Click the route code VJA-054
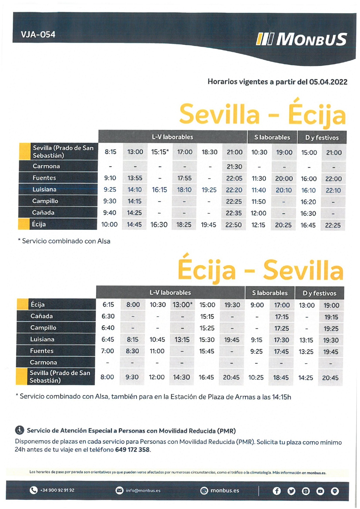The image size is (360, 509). pyautogui.click(x=38, y=35)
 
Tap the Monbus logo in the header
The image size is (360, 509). pyautogui.click(x=301, y=39)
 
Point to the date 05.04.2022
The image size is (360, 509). pyautogui.click(x=328, y=82)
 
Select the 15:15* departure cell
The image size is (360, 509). pyautogui.click(x=160, y=152)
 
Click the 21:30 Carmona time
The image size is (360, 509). pyautogui.click(x=234, y=167)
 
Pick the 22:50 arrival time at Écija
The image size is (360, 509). pyautogui.click(x=233, y=225)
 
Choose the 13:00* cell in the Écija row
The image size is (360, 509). pyautogui.click(x=182, y=305)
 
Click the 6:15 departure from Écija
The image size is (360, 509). pyautogui.click(x=108, y=305)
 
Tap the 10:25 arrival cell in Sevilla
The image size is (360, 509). pyautogui.click(x=256, y=377)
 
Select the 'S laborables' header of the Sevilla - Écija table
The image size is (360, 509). pyautogui.click(x=272, y=137)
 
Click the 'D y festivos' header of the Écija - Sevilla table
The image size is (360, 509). pyautogui.click(x=319, y=293)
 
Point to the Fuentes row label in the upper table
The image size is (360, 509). pyautogui.click(x=44, y=178)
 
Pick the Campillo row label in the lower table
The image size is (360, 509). pyautogui.click(x=43, y=328)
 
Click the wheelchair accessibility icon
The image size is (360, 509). pyautogui.click(x=19, y=430)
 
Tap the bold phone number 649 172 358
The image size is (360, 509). pyautogui.click(x=132, y=449)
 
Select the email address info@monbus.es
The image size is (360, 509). pyautogui.click(x=143, y=490)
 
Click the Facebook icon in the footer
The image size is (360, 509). pyautogui.click(x=277, y=491)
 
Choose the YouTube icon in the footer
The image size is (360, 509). pyautogui.click(x=320, y=491)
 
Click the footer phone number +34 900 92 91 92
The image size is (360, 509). pyautogui.click(x=57, y=490)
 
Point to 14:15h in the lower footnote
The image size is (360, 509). pyautogui.click(x=281, y=397)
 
